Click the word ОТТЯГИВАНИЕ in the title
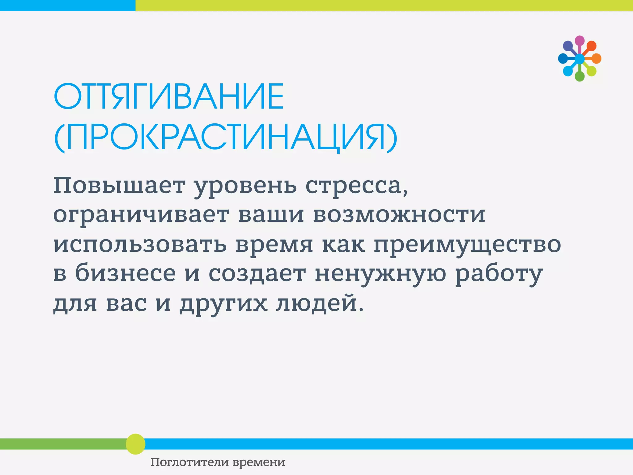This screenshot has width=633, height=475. click(169, 96)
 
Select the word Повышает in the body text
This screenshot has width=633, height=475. click(119, 186)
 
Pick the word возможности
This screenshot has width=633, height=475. click(399, 215)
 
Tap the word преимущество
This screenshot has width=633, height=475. click(467, 244)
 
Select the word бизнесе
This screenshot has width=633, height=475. click(125, 273)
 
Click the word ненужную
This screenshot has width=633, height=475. click(380, 274)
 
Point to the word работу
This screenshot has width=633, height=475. click(499, 274)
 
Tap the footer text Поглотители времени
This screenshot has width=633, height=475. click(218, 462)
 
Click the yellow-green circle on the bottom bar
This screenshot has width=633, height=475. click(135, 444)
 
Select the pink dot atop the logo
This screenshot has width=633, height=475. click(580, 41)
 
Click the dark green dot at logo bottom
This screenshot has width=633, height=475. click(580, 76)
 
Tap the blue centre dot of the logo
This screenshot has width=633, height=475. click(580, 58)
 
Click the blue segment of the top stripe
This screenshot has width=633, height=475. click(67, 5)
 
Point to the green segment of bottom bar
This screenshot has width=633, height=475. click(62, 444)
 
